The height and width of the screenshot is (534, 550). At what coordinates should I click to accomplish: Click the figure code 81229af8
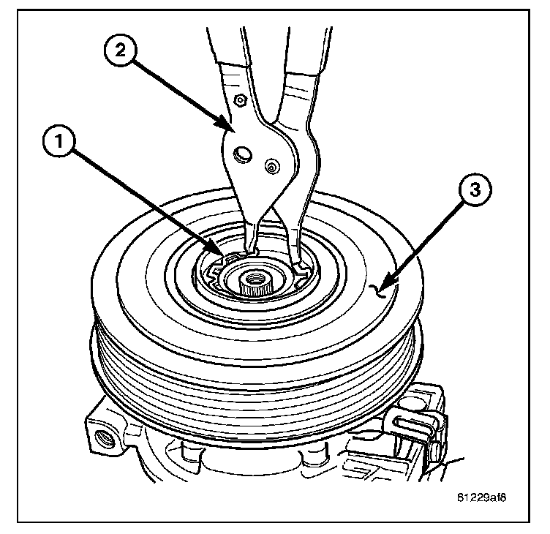(x=480, y=497)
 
